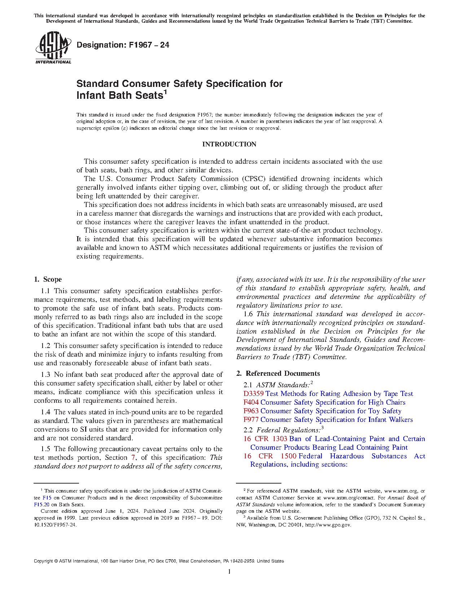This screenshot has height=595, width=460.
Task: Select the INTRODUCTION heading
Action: tap(229, 144)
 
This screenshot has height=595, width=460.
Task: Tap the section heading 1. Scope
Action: tap(48, 279)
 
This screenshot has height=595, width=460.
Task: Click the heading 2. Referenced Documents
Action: tap(278, 374)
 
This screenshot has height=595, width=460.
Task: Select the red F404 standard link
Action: tap(251, 402)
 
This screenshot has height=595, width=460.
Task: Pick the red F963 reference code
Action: tap(251, 411)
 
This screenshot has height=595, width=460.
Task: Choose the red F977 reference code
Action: tap(251, 420)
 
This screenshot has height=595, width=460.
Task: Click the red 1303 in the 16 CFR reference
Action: tap(280, 439)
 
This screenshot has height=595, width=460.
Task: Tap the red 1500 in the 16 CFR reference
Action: tap(288, 456)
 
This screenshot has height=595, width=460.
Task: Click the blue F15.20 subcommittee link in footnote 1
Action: tap(41, 505)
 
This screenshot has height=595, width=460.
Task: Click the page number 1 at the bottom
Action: tap(229, 571)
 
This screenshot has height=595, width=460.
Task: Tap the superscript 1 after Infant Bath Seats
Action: tap(165, 92)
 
